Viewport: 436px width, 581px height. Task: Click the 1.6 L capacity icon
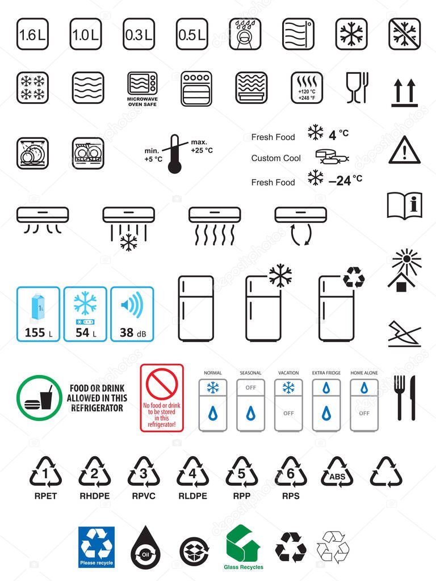pos(32,34)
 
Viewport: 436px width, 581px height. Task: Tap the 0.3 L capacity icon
pos(139,34)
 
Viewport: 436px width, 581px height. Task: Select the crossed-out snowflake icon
pos(405,34)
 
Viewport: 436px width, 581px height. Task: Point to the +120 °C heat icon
pos(307,88)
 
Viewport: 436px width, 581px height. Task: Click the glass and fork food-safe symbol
pos(357,88)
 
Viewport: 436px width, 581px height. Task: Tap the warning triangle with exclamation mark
pos(405,151)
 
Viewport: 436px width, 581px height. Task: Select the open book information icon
pos(404,205)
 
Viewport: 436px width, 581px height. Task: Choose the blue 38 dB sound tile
pos(132,314)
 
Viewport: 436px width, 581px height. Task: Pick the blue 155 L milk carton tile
pos(39,314)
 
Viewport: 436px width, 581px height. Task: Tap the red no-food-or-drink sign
pos(162,397)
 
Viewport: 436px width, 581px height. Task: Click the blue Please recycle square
pos(97,547)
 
